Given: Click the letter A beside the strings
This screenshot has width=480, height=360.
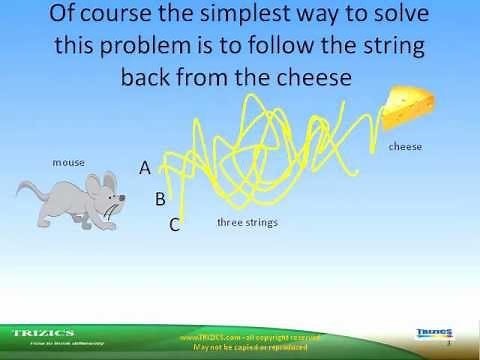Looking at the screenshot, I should pyautogui.click(x=145, y=169).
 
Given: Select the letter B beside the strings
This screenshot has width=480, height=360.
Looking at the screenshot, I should pyautogui.click(x=159, y=199).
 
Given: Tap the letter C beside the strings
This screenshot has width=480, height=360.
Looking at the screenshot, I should pyautogui.click(x=174, y=225).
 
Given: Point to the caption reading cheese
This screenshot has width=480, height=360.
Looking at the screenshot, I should pyautogui.click(x=405, y=147).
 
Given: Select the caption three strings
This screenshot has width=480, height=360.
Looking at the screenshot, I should pyautogui.click(x=247, y=222).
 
